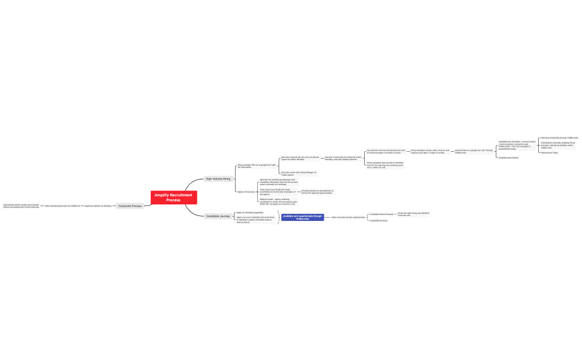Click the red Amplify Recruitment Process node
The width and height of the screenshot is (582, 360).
(x=173, y=197)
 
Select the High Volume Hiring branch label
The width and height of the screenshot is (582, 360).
(x=218, y=179)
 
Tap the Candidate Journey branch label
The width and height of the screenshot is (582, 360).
(x=218, y=216)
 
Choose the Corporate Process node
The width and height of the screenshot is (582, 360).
(x=130, y=205)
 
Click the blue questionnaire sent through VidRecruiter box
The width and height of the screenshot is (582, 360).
(x=302, y=217)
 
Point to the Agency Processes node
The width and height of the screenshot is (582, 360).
(x=246, y=192)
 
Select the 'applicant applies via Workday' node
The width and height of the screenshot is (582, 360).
(x=98, y=205)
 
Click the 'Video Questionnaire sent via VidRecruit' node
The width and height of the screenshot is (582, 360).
(x=62, y=205)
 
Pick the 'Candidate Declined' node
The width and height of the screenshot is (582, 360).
(x=379, y=220)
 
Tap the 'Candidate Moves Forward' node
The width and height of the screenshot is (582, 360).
(x=381, y=214)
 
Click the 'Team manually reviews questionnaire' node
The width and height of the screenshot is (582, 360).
(x=348, y=217)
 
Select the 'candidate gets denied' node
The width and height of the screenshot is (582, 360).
(x=508, y=157)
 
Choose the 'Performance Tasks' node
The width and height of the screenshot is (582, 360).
(x=549, y=152)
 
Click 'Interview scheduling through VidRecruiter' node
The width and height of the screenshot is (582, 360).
(x=559, y=137)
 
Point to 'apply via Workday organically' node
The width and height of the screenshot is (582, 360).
(x=250, y=212)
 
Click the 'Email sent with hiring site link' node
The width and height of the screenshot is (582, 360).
(x=413, y=214)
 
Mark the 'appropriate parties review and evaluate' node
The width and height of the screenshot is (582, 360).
(x=21, y=205)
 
